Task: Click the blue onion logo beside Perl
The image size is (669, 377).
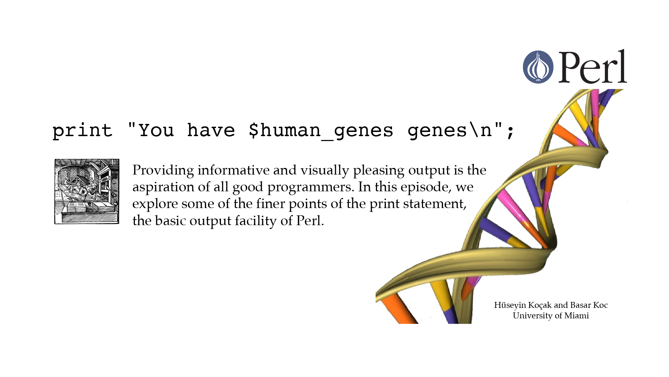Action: (538, 67)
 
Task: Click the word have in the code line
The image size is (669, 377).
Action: (211, 130)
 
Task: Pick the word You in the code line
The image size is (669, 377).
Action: (156, 130)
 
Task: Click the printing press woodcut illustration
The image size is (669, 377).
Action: (87, 191)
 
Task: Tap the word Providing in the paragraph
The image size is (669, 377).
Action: (163, 170)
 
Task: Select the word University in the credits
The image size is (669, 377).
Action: (532, 316)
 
